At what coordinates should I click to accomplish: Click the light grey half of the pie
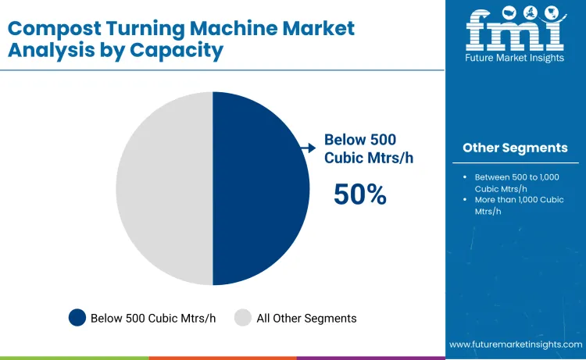[x=164, y=187]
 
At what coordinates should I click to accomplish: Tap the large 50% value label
[x=359, y=194]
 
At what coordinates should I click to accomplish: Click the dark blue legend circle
[x=77, y=318]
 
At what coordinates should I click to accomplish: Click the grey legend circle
[x=243, y=318]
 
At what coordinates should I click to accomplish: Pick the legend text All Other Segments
[x=306, y=318]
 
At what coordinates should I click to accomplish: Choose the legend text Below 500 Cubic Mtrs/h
[x=152, y=318]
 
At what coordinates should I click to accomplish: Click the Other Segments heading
[x=515, y=148]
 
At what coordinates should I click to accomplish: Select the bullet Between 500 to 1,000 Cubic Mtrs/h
[x=516, y=183]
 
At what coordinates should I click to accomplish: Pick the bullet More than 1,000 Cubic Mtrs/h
[x=518, y=205]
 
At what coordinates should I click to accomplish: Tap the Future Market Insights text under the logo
[x=515, y=59]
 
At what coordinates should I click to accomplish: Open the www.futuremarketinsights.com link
[x=516, y=344]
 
